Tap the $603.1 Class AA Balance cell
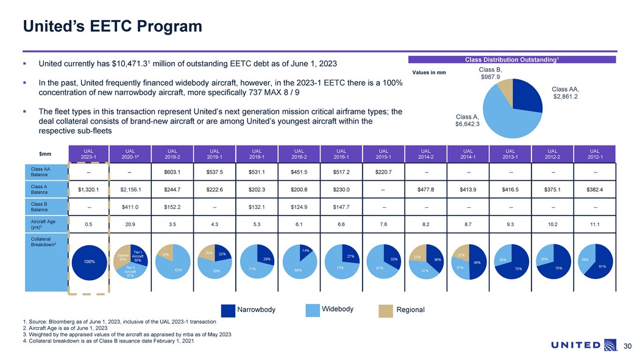click(173, 172)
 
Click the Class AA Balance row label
click(43, 172)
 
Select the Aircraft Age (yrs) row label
click(43, 224)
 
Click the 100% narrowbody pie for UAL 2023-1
click(89, 262)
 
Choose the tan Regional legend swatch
click(386, 310)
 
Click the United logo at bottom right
click(583, 345)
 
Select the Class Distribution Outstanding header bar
click(513, 59)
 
